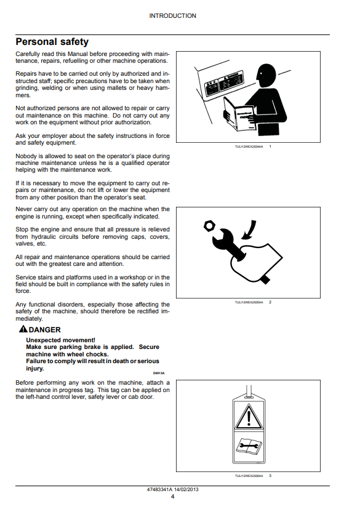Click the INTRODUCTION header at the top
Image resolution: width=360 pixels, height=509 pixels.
(x=172, y=15)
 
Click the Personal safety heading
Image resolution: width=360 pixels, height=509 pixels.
(x=52, y=42)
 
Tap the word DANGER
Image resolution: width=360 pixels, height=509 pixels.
(x=44, y=330)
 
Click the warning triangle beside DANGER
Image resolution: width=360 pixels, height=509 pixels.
(x=23, y=329)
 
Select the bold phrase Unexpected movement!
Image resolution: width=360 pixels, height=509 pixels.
(x=61, y=340)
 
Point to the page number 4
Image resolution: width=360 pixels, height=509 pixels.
(x=172, y=496)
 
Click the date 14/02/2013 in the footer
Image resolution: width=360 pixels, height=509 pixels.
(x=186, y=489)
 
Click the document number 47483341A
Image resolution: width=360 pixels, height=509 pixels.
(x=160, y=489)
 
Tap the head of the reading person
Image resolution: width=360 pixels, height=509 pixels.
(x=266, y=74)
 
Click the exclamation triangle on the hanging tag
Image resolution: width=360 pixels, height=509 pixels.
(x=249, y=417)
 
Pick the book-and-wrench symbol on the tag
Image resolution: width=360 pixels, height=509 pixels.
(x=249, y=446)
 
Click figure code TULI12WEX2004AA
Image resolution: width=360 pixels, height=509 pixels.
(x=249, y=146)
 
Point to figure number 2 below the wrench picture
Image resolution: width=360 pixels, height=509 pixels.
(x=270, y=302)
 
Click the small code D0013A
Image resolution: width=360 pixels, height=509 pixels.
(x=159, y=374)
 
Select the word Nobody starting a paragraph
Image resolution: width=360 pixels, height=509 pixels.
(x=26, y=156)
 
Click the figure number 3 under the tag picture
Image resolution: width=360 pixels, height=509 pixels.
(x=270, y=476)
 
